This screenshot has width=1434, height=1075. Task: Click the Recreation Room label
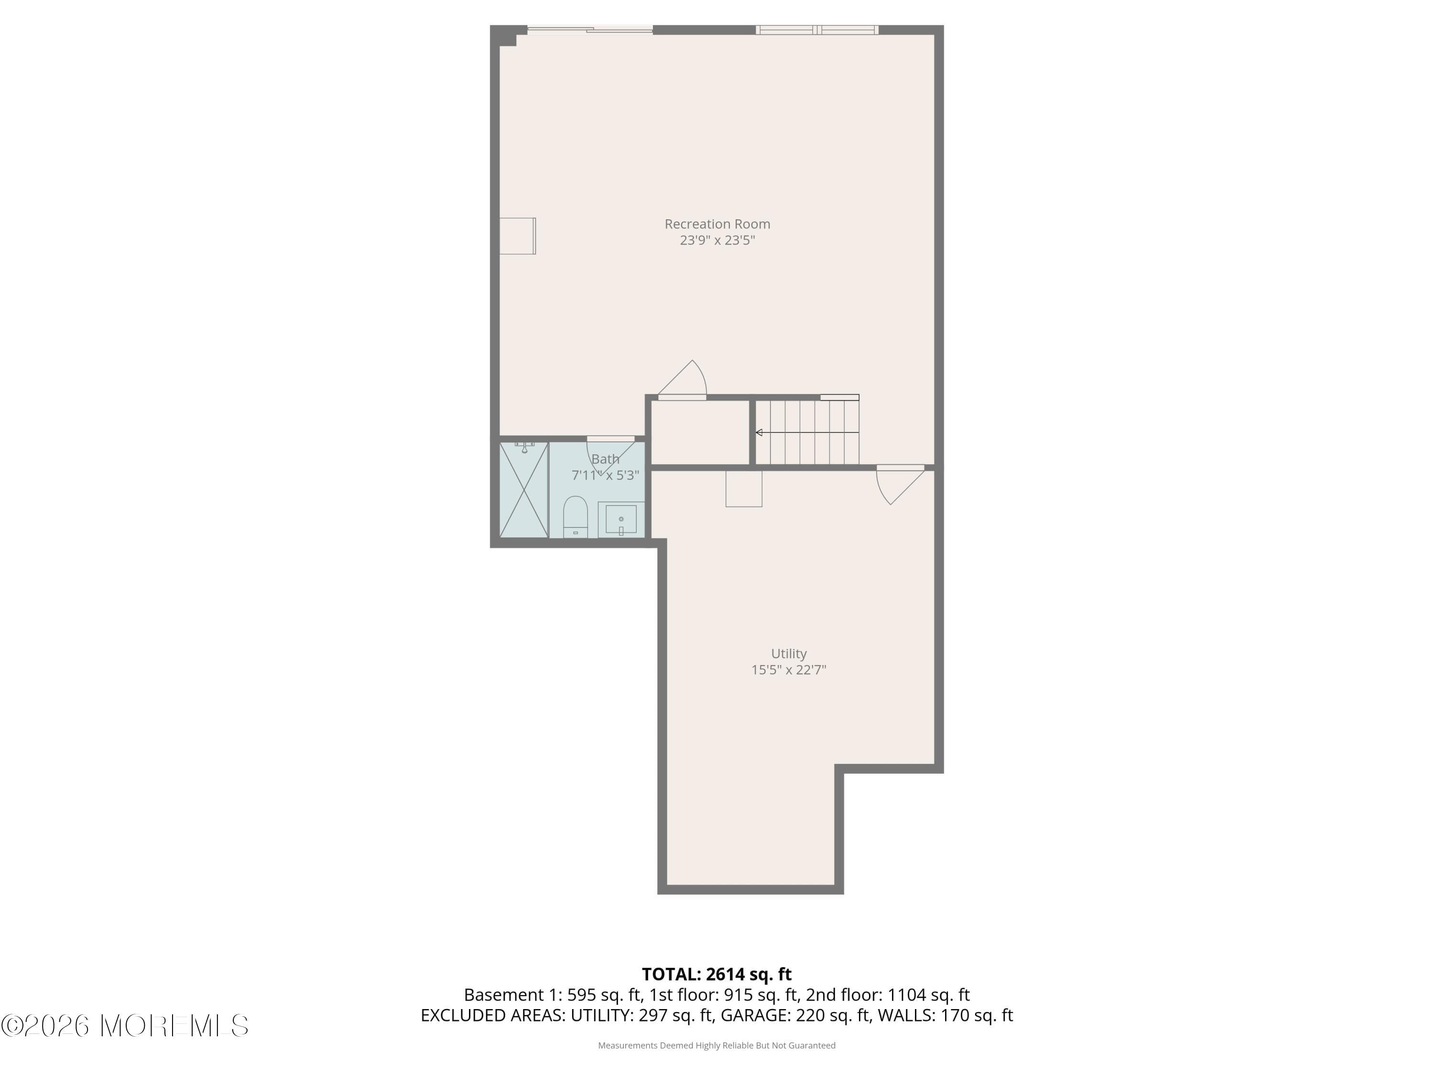[x=717, y=224]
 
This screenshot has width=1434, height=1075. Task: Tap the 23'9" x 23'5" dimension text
[x=717, y=240]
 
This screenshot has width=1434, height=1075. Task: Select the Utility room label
[x=788, y=654]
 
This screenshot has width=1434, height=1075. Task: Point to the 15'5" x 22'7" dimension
[x=788, y=670]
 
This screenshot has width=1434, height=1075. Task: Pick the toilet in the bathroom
[x=575, y=516]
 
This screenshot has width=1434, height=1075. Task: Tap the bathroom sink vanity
[x=621, y=519]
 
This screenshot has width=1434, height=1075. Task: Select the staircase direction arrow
[x=807, y=432]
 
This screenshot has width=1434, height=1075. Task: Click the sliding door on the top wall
[x=589, y=29]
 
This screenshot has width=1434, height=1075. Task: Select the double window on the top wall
[x=817, y=29]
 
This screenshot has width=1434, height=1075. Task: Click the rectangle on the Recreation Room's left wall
[x=517, y=236]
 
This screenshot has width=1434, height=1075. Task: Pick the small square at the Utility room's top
[x=744, y=489]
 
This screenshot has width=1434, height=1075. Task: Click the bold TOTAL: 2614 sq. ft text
[x=717, y=974]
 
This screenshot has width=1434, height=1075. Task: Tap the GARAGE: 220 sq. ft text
[x=795, y=1015]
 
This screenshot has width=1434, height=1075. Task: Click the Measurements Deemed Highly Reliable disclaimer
[x=717, y=1045]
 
